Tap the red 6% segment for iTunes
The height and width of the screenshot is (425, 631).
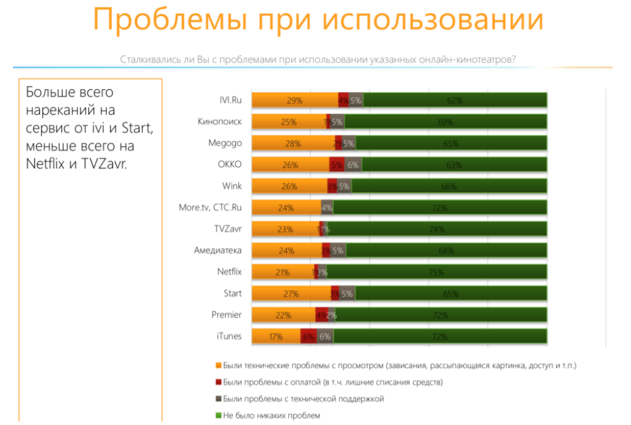(308, 337)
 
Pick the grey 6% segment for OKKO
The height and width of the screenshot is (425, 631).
(353, 165)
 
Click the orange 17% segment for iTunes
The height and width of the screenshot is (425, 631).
(276, 337)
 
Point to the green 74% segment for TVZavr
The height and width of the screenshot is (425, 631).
(437, 229)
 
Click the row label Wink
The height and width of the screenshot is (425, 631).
(232, 186)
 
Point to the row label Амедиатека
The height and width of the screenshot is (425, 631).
(217, 251)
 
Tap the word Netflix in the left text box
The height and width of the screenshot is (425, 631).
(45, 164)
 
